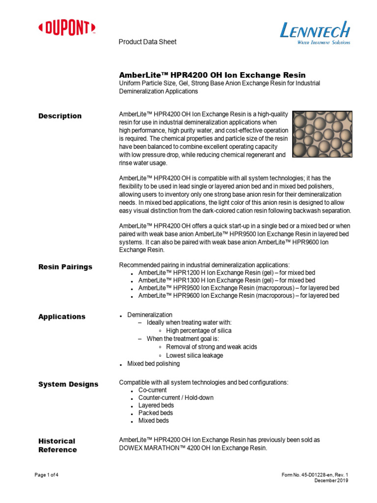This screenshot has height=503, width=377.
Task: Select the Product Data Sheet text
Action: (x=148, y=42)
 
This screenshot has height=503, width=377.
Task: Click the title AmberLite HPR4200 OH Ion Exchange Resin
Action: (x=212, y=75)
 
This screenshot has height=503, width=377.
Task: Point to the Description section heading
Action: (x=60, y=116)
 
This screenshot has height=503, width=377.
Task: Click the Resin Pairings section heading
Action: (x=65, y=267)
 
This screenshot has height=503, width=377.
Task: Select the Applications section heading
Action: (x=62, y=317)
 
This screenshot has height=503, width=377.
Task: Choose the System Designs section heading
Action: (x=68, y=384)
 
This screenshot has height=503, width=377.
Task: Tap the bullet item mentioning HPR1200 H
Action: (x=226, y=272)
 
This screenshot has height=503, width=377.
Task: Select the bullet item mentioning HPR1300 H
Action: (x=226, y=280)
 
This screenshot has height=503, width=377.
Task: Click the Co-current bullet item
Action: (x=153, y=390)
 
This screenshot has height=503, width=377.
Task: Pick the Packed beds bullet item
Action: (x=156, y=413)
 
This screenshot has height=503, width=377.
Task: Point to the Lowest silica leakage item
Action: (x=194, y=355)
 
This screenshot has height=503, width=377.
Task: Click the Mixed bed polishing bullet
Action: (x=153, y=363)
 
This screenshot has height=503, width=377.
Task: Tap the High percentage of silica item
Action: (x=198, y=331)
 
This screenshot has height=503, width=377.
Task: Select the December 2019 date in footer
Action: (x=331, y=481)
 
